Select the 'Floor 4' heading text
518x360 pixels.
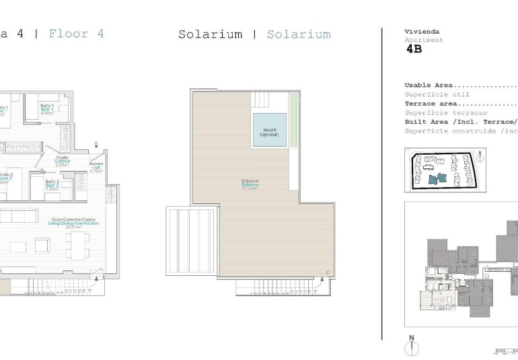(77, 34)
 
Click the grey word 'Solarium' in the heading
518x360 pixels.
(299, 34)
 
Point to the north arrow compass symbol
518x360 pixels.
(411, 346)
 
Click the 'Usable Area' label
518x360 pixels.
(429, 85)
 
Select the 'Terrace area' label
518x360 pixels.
(431, 104)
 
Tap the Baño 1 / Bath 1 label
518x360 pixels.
(46, 109)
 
